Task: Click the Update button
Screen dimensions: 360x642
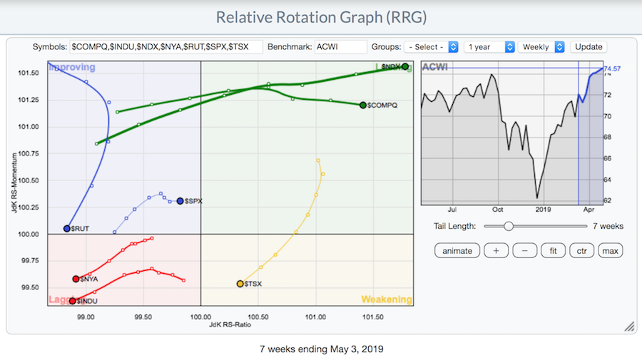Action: tap(588, 47)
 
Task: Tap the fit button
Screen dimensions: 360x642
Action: tap(552, 251)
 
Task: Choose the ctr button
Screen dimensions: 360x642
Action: tap(581, 251)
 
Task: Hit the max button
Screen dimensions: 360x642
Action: tap(610, 251)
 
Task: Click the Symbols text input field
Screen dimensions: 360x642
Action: tap(166, 47)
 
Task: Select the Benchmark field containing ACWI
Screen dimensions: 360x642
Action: tap(340, 47)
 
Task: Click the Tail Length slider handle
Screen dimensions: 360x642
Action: tap(508, 226)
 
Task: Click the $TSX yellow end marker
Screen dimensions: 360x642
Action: tap(240, 284)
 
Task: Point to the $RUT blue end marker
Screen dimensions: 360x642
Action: tap(67, 229)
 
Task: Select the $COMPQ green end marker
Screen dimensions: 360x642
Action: tap(363, 105)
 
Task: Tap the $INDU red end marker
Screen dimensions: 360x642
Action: tap(73, 301)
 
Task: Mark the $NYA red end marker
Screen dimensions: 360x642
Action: tap(76, 279)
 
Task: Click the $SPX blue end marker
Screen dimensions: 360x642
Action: tap(180, 201)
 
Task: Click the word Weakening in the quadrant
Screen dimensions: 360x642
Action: tap(386, 299)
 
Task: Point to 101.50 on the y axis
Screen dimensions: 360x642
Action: tap(28, 73)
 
